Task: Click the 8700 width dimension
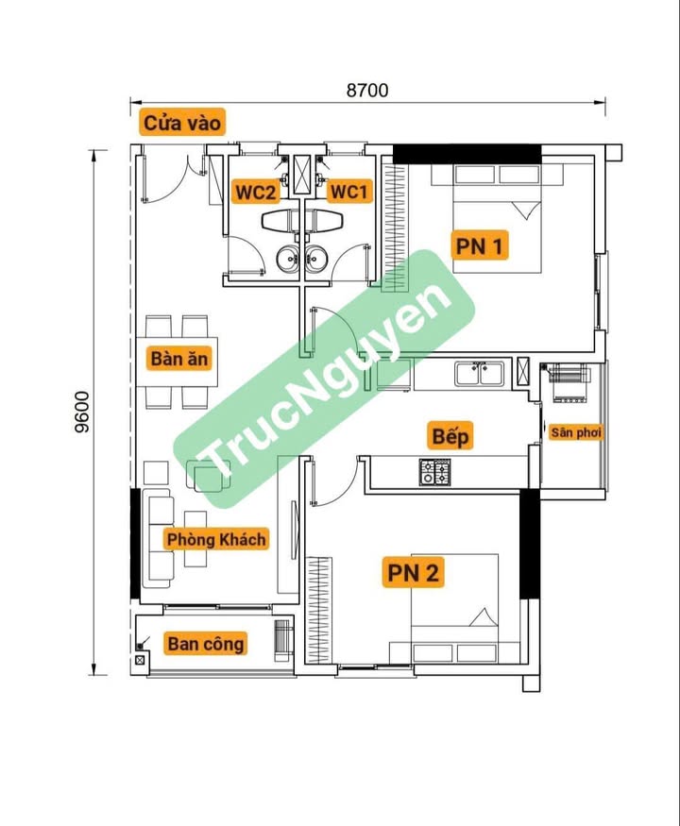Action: coord(367,90)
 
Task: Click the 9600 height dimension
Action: coord(82,412)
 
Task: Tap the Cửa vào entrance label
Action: coord(182,123)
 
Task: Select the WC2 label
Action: coord(256,192)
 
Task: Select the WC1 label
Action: coord(348,192)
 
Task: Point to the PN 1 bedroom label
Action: coord(479,245)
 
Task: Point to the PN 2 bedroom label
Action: coord(413,572)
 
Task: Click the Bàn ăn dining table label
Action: coord(179,358)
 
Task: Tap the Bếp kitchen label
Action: coord(450,435)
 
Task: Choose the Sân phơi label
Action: coord(575,432)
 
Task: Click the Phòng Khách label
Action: coord(216,539)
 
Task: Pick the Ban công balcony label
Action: coord(206,643)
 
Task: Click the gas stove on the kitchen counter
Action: coord(434,471)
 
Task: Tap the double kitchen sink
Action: coord(479,374)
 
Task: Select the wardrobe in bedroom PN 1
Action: coord(394,228)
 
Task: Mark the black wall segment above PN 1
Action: coord(467,154)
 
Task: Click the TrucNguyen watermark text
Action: coord(324,379)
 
